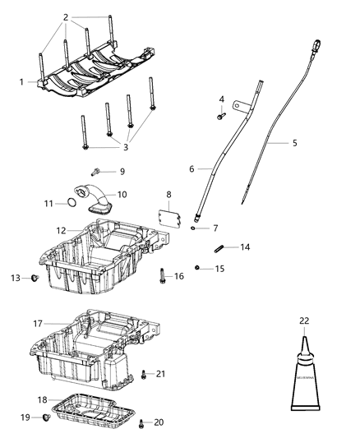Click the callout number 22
point(303,320)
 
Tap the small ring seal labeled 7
point(192,228)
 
